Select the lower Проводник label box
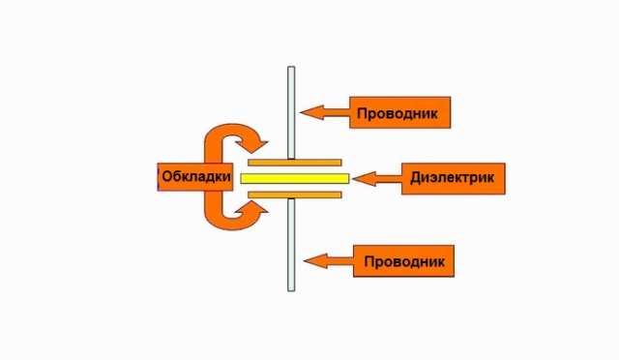pyautogui.click(x=404, y=261)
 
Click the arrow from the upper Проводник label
pyautogui.click(x=325, y=113)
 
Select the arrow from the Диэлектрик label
pyautogui.click(x=377, y=178)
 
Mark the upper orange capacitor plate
pyautogui.click(x=294, y=162)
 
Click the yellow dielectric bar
pyautogui.click(x=294, y=178)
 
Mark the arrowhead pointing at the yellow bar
pyautogui.click(x=360, y=178)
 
